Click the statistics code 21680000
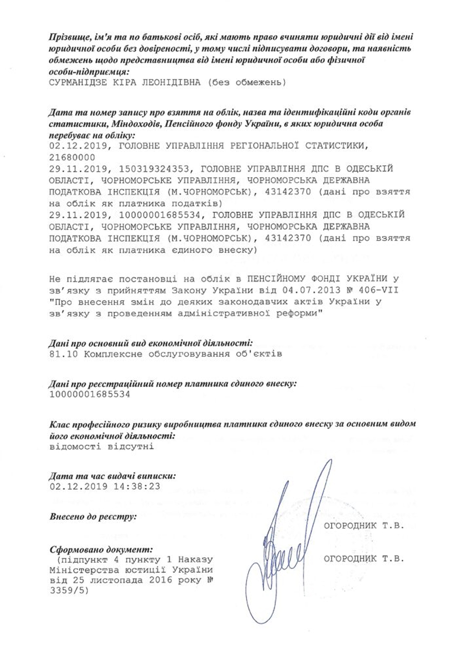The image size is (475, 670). point(72,157)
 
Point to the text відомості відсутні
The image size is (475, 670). point(102,446)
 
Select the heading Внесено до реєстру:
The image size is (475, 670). point(93,516)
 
